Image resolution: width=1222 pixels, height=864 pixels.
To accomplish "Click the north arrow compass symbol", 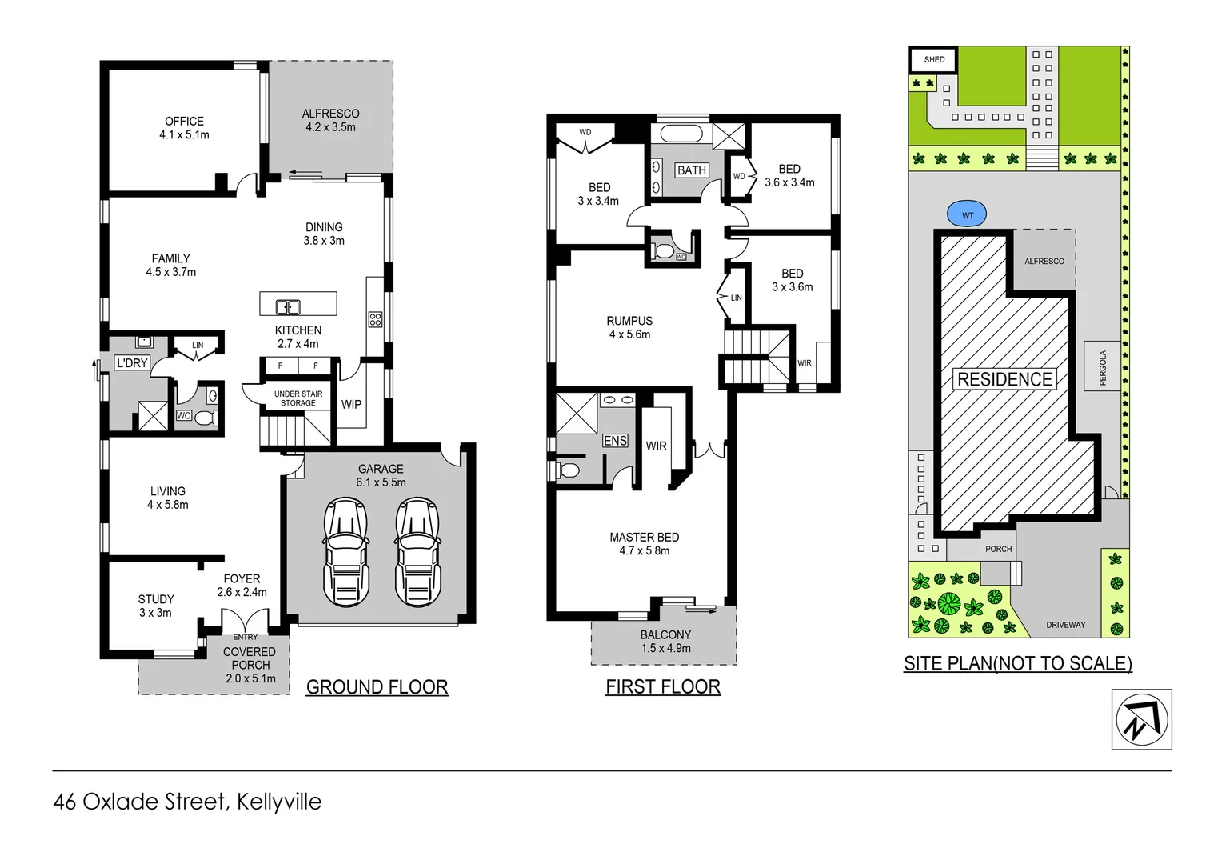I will click(x=1141, y=719).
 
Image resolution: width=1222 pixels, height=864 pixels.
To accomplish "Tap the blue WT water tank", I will click(x=966, y=214).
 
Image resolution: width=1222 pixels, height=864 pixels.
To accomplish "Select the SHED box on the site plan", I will click(x=933, y=59).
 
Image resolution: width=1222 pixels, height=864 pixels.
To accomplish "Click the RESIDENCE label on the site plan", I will click(x=1004, y=379).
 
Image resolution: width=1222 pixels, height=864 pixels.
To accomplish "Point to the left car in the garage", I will click(x=345, y=552).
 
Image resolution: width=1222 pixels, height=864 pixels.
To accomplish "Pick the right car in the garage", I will click(x=417, y=552).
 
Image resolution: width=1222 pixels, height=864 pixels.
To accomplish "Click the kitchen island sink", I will click(x=288, y=306).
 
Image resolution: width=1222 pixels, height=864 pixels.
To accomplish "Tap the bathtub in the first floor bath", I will click(x=681, y=134).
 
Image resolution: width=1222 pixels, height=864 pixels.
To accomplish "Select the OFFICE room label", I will click(x=184, y=122).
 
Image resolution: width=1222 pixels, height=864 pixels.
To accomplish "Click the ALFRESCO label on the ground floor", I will click(x=330, y=114).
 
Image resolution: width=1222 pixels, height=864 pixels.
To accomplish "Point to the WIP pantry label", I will click(x=351, y=405).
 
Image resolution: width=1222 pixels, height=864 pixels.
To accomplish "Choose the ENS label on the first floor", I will click(x=615, y=441).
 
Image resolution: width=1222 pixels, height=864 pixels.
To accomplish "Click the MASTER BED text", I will click(x=644, y=538).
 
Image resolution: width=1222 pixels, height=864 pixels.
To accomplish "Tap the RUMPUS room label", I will click(x=629, y=321).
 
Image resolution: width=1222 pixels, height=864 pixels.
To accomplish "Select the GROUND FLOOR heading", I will click(x=377, y=687).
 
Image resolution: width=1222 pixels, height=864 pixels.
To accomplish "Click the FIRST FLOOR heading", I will click(x=663, y=687).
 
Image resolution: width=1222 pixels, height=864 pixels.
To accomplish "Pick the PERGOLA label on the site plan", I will click(x=1103, y=367).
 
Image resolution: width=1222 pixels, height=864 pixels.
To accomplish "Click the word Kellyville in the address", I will click(x=279, y=802).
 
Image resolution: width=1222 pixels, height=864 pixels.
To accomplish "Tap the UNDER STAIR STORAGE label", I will click(x=298, y=398).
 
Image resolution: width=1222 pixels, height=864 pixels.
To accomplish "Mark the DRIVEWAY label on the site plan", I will click(x=1065, y=625).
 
